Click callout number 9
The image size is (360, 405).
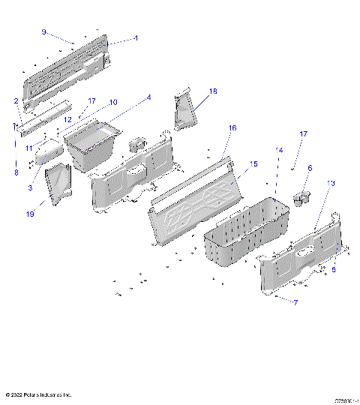point(43,32)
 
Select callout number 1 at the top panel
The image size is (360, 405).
point(136,37)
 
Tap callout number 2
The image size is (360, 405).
point(16,100)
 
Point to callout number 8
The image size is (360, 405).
point(16,172)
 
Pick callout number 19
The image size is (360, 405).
point(31,214)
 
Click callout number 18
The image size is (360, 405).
point(213,91)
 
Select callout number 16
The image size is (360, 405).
point(232,128)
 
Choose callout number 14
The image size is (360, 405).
point(279,150)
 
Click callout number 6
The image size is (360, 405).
point(310,168)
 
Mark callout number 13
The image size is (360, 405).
point(331,182)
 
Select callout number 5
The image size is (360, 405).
point(334,269)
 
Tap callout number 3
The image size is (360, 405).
point(31,187)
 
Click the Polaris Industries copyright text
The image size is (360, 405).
point(38,394)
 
